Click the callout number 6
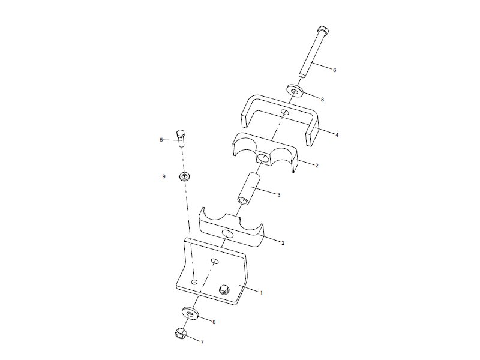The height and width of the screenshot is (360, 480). [x=334, y=70]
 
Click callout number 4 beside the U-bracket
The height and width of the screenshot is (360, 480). [x=337, y=135]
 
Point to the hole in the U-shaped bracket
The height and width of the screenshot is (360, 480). [x=285, y=112]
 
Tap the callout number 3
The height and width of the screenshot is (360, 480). [x=278, y=194]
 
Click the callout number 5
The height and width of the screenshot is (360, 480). [x=161, y=140]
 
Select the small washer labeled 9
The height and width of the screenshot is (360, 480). [x=185, y=176]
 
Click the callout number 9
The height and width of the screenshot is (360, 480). [x=163, y=176]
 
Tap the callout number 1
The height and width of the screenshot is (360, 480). [x=261, y=292]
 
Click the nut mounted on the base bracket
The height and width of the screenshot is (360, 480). [x=224, y=290]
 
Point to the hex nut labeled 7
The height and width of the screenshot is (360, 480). [x=178, y=333]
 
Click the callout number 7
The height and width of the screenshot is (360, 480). [x=202, y=343]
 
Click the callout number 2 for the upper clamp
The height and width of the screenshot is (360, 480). [x=317, y=165]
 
